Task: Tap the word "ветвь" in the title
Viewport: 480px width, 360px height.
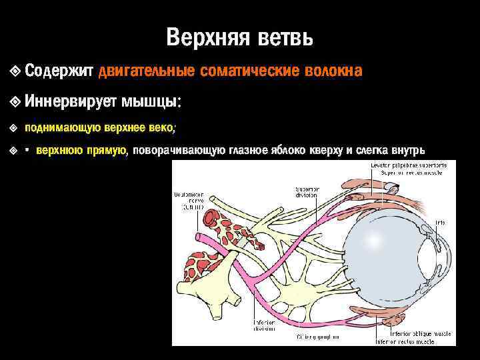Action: pyautogui.click(x=283, y=37)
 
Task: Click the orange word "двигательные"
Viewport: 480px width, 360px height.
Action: pyautogui.click(x=147, y=71)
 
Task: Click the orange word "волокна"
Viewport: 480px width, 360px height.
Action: pyautogui.click(x=333, y=71)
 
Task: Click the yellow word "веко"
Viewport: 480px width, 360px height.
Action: pyautogui.click(x=160, y=127)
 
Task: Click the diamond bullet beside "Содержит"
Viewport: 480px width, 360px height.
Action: pyautogui.click(x=15, y=71)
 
